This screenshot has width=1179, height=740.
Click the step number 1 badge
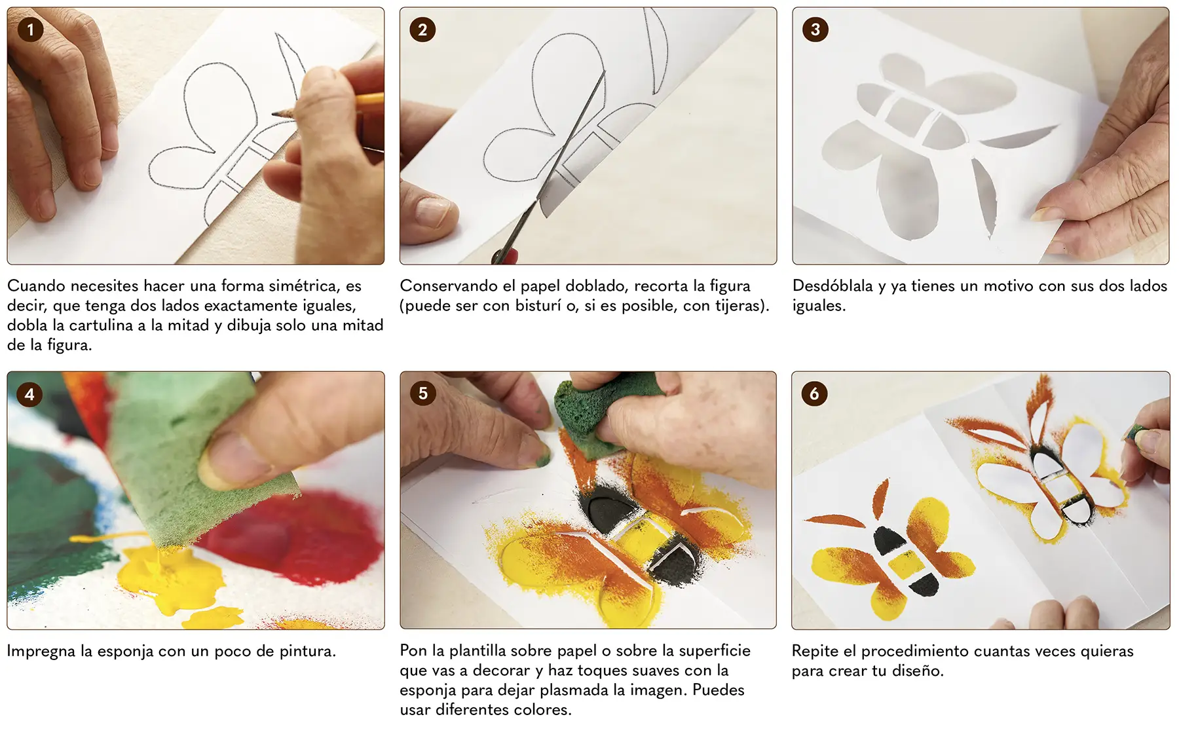point(30,29)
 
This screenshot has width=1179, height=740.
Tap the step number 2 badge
point(422,29)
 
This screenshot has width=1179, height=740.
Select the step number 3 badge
point(815,29)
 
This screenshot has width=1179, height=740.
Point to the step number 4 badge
point(29,394)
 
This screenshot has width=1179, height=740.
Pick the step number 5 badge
point(422,394)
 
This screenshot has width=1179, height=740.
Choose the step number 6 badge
point(814,394)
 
